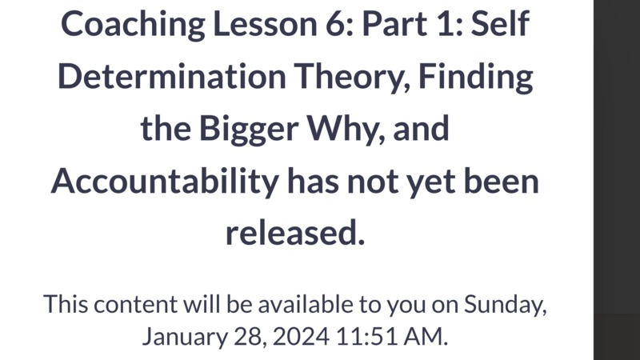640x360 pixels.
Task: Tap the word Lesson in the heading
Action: point(266,24)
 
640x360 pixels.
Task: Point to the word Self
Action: point(500,23)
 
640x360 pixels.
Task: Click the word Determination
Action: point(172,76)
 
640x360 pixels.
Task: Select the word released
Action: point(295,233)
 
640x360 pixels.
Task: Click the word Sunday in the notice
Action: point(506,306)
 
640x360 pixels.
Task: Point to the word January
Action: point(185,337)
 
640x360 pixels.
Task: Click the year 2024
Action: point(302,337)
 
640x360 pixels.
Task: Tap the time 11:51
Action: point(366,337)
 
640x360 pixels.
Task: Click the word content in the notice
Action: point(135,306)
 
